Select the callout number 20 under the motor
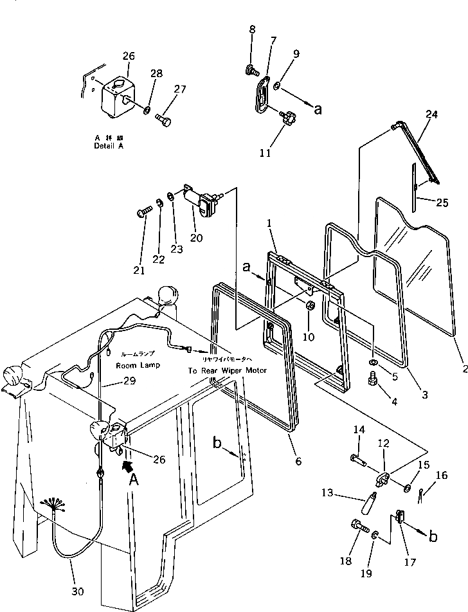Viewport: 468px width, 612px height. pos(196,237)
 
